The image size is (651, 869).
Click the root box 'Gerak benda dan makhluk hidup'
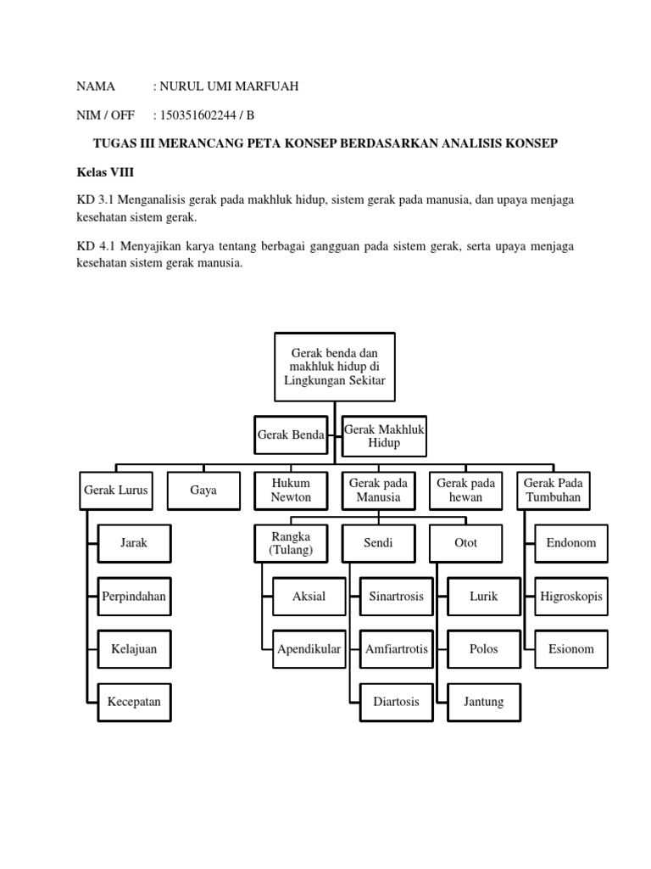coord(335,367)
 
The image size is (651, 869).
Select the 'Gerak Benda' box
coord(291,434)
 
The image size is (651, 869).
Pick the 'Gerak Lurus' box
coord(116,491)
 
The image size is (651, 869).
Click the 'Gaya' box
coord(203,491)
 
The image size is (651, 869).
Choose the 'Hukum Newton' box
coord(291,491)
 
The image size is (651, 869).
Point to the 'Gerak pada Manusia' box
coord(378,491)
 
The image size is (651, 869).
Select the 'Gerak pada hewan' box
coord(465,491)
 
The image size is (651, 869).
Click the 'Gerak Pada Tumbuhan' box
coord(553,491)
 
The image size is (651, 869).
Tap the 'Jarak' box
coord(134,543)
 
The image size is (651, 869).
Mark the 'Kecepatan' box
coord(134,702)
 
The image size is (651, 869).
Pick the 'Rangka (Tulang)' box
coord(291,543)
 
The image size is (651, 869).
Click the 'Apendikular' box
coord(309,649)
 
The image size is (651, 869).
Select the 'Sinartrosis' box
coord(396,597)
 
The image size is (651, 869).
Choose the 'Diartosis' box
coord(396,702)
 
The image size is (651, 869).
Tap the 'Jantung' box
coord(483,702)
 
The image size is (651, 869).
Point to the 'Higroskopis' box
coord(570,597)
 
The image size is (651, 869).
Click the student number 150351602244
coord(198,115)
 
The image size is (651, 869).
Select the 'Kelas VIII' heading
coord(105,171)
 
